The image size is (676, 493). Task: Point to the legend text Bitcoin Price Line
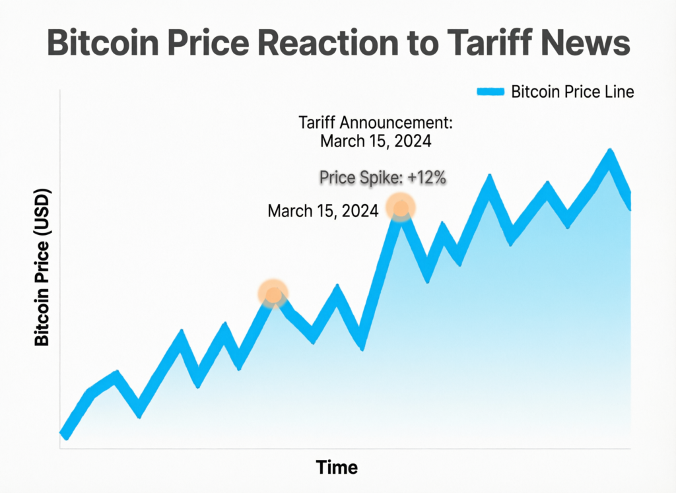tap(572, 92)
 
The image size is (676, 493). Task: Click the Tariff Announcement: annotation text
tap(375, 123)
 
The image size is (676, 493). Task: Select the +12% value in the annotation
tap(428, 178)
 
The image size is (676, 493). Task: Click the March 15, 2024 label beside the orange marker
tap(323, 211)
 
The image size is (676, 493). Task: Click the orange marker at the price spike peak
tap(400, 207)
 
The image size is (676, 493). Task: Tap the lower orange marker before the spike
tap(273, 293)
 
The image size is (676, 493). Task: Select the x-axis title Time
tap(337, 467)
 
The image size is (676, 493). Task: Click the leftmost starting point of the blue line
tap(64, 434)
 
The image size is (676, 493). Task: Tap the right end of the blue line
tap(629, 203)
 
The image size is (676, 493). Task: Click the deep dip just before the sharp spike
tap(361, 343)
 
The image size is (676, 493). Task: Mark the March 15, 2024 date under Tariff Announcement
tap(375, 141)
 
